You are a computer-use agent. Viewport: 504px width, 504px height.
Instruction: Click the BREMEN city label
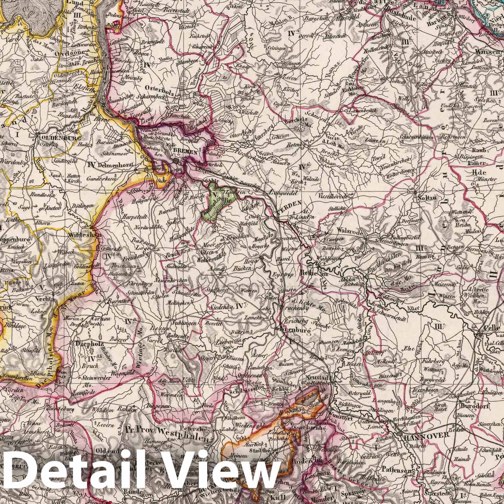(x=186, y=152)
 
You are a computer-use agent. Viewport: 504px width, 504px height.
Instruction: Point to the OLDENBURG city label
(x=56, y=138)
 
